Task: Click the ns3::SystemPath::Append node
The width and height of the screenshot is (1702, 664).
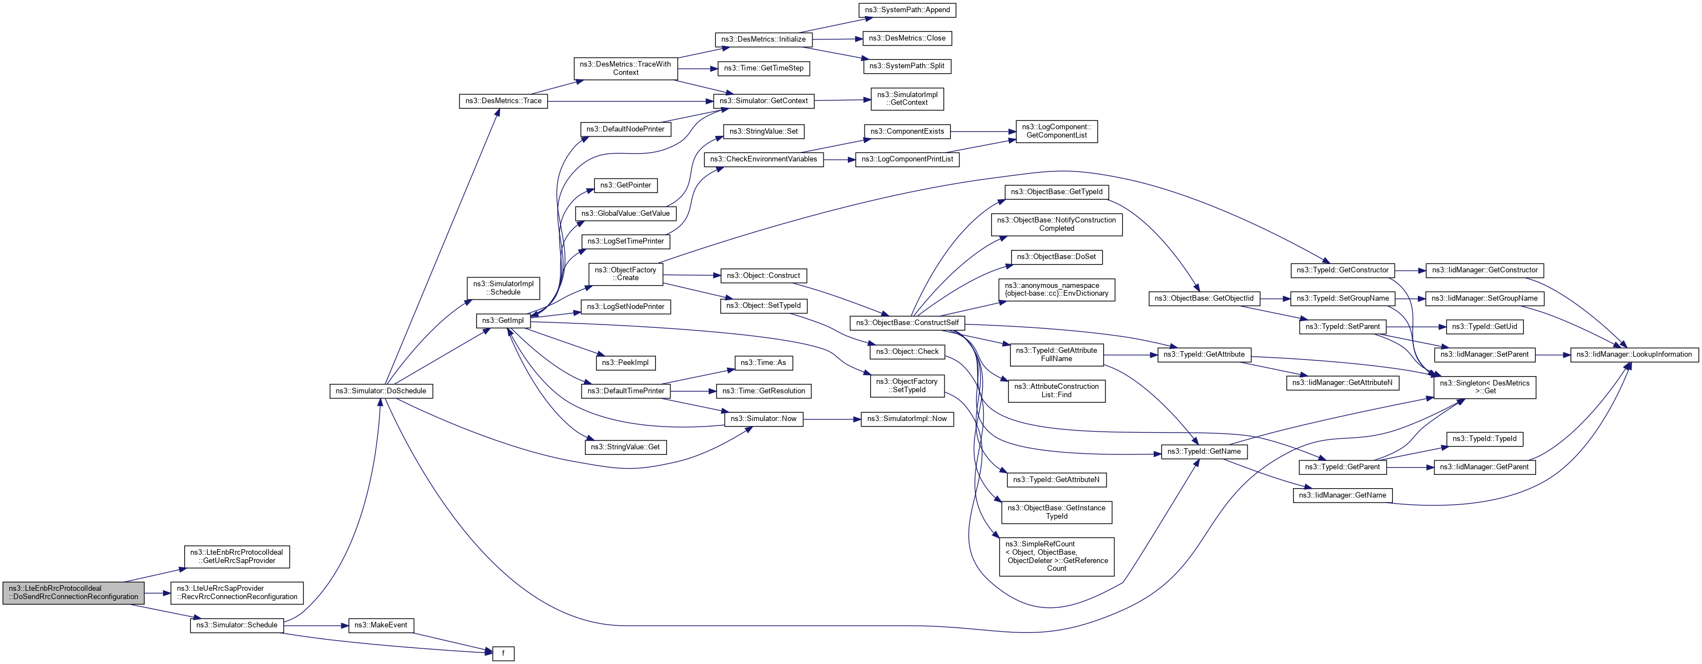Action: (907, 10)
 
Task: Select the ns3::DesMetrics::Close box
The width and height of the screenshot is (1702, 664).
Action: (907, 38)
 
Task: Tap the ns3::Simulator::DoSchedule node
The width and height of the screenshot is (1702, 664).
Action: (381, 391)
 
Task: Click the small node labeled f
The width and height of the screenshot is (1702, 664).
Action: (503, 653)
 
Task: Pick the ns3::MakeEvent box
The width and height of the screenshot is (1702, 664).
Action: (381, 625)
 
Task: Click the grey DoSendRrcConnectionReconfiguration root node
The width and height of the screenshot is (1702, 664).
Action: (73, 592)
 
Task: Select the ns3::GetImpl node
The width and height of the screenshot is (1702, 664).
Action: (503, 321)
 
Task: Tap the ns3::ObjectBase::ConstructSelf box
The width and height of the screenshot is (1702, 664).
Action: (907, 322)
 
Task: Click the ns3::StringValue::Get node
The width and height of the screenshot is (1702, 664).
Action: (626, 447)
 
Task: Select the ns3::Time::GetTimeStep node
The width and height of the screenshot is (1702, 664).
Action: (763, 68)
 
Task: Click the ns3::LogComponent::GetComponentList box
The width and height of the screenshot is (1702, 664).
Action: (1056, 131)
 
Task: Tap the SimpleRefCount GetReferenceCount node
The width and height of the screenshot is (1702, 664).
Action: (1056, 556)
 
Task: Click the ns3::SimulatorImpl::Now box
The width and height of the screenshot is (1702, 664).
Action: (907, 419)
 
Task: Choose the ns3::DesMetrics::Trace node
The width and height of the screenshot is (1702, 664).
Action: (503, 101)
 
